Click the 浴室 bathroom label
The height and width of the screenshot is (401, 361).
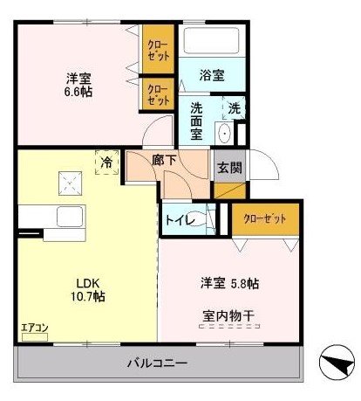pos(212,76)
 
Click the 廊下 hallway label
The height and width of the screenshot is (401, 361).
pos(164,162)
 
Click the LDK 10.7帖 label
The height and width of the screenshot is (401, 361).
pos(88,290)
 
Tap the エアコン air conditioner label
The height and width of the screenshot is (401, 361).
pos(36,328)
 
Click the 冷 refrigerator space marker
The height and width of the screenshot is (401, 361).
pos(106,162)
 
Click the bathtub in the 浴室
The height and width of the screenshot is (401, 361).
pos(212,42)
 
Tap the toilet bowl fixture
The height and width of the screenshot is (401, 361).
pos(206,219)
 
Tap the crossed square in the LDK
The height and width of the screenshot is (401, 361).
pos(69,183)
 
